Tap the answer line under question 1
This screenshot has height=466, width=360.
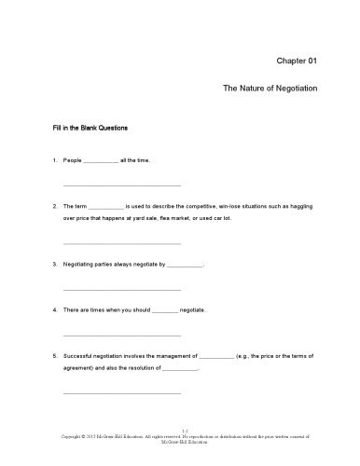pyautogui.click(x=121, y=185)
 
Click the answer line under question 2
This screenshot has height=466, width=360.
pyautogui.click(x=121, y=242)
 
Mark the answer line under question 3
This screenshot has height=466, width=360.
pyautogui.click(x=121, y=288)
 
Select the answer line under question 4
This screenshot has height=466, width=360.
pyautogui.click(x=121, y=334)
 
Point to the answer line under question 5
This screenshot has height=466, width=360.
pyautogui.click(x=121, y=392)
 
